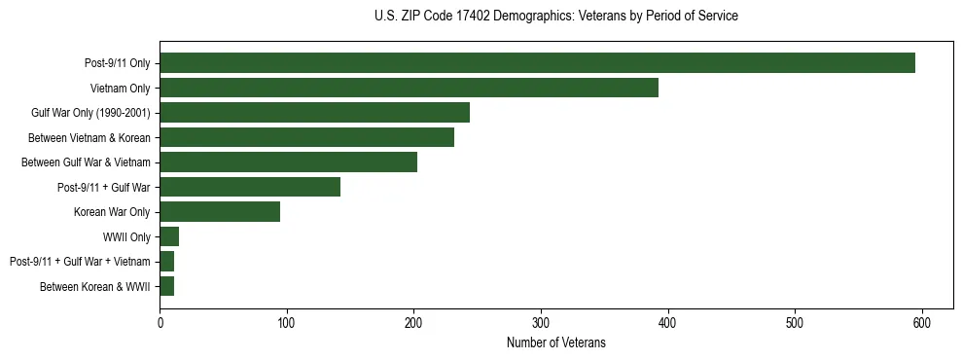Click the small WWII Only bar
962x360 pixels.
tap(169, 236)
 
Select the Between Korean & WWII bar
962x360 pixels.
tap(166, 286)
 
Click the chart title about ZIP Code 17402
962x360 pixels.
tap(555, 17)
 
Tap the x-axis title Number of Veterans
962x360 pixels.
tap(555, 342)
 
